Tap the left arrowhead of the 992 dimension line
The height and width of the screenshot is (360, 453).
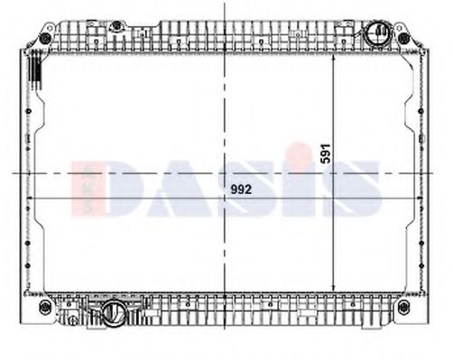click(31, 197)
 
